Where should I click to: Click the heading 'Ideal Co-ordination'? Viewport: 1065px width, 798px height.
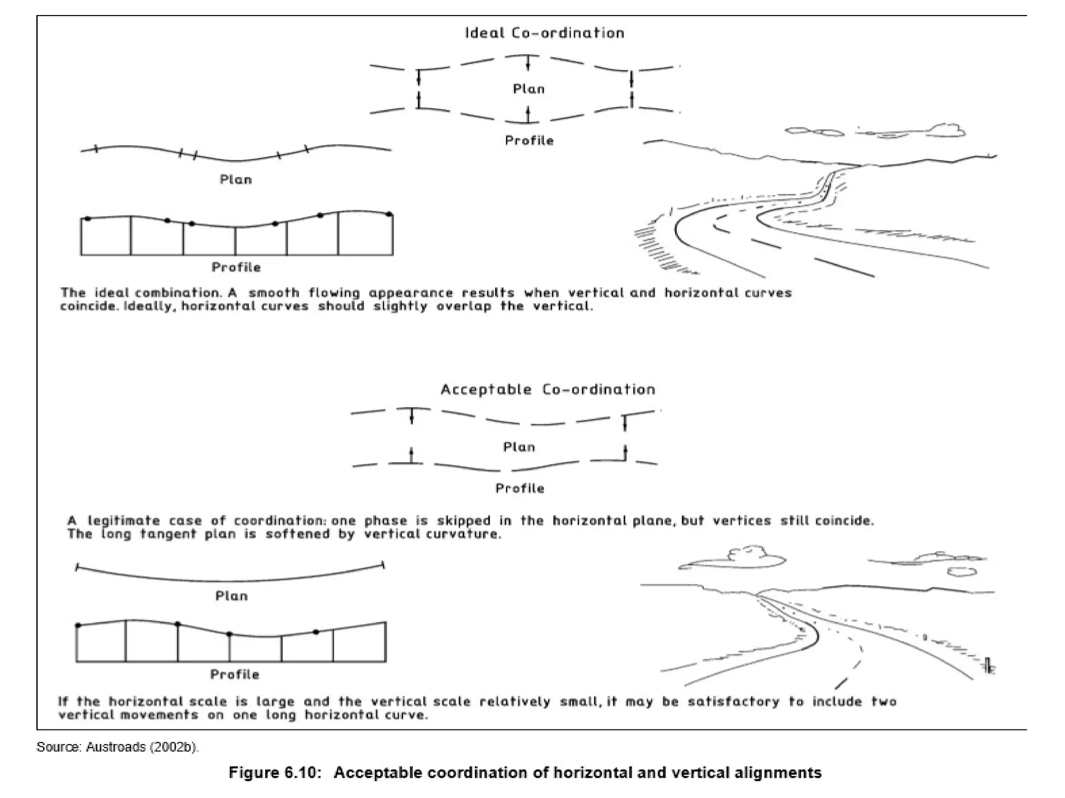pos(544,33)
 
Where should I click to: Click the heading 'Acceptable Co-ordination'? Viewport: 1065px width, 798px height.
pos(548,390)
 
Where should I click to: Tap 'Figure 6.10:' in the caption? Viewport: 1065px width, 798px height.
pos(272,773)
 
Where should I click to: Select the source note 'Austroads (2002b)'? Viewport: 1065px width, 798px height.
pos(142,747)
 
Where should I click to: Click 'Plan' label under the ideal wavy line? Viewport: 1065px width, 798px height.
pos(236,180)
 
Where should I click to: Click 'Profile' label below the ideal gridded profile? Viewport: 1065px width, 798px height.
pos(236,268)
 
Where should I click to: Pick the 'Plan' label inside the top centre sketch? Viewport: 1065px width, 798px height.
pos(528,89)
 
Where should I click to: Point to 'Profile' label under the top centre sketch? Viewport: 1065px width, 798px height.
pos(529,141)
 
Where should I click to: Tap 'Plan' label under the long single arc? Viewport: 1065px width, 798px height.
pos(231,596)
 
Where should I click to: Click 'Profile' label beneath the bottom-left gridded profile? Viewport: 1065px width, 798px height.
pos(234,674)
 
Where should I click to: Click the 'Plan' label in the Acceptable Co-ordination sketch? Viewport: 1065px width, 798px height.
pos(519,447)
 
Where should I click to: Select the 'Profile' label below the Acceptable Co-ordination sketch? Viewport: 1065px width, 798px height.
pos(519,488)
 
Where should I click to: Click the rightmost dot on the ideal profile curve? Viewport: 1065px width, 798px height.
pos(389,214)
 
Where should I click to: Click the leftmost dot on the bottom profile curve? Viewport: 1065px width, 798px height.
pos(78,626)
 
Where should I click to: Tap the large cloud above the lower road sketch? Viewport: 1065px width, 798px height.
pos(738,558)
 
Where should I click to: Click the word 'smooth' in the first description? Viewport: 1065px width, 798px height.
pos(274,293)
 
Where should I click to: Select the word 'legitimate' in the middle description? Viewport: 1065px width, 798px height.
pos(123,521)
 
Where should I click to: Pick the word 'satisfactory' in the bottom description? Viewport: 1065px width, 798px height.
pos(733,702)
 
